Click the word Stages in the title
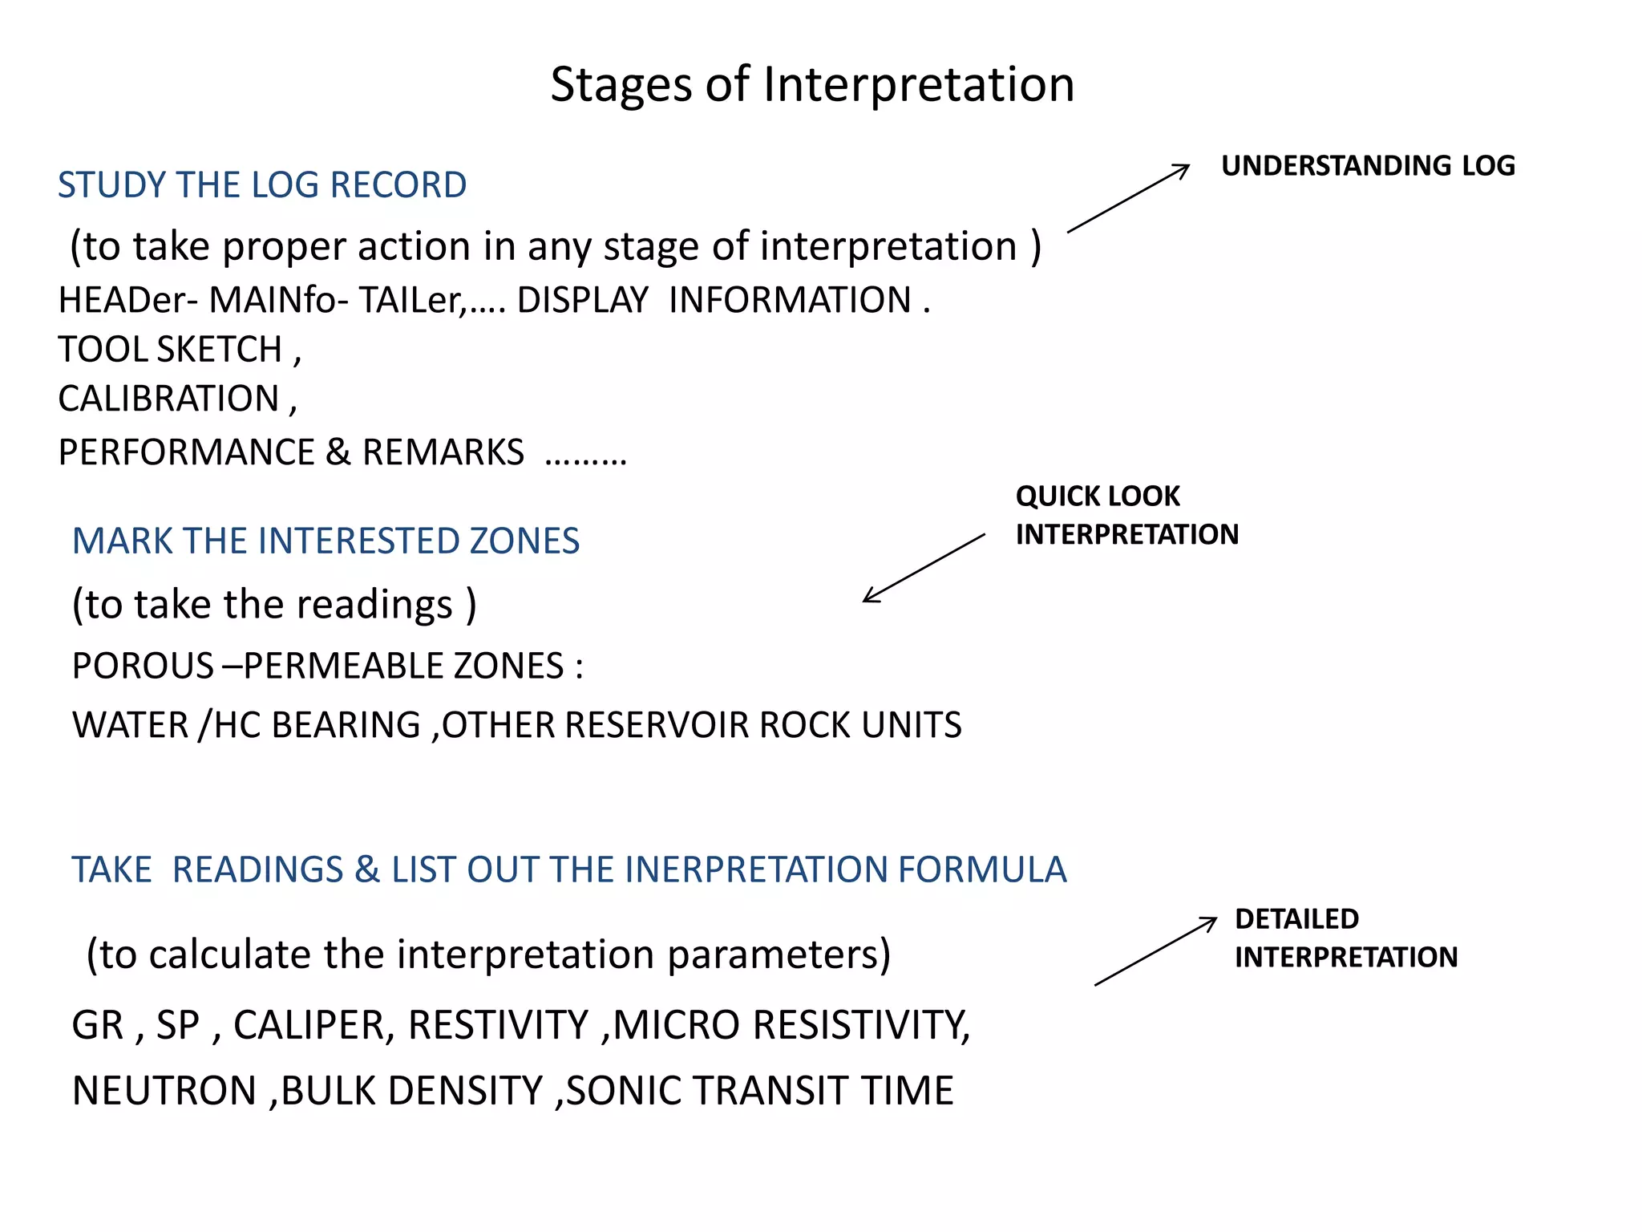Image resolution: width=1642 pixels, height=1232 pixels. click(x=620, y=85)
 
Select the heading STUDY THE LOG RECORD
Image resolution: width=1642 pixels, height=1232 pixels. click(x=262, y=185)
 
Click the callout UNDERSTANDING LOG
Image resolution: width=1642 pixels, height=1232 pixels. click(x=1368, y=166)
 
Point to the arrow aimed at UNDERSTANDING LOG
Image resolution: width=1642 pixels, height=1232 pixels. click(x=1129, y=198)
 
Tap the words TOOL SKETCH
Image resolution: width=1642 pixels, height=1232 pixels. click(x=170, y=350)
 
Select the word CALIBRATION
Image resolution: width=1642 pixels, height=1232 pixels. click(x=168, y=399)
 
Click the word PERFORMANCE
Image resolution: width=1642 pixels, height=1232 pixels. click(x=186, y=452)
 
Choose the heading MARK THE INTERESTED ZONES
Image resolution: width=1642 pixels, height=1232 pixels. click(x=326, y=541)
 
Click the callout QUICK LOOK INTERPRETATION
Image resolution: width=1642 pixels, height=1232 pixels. click(x=1126, y=515)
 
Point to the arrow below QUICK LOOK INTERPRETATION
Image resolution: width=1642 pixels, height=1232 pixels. click(x=924, y=568)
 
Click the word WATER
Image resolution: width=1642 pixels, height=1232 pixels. click(x=130, y=725)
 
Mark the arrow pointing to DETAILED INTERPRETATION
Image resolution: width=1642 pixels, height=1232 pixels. click(x=1155, y=952)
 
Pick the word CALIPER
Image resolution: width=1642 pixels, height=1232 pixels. click(x=313, y=1026)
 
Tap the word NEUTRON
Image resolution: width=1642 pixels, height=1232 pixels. click(x=164, y=1092)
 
